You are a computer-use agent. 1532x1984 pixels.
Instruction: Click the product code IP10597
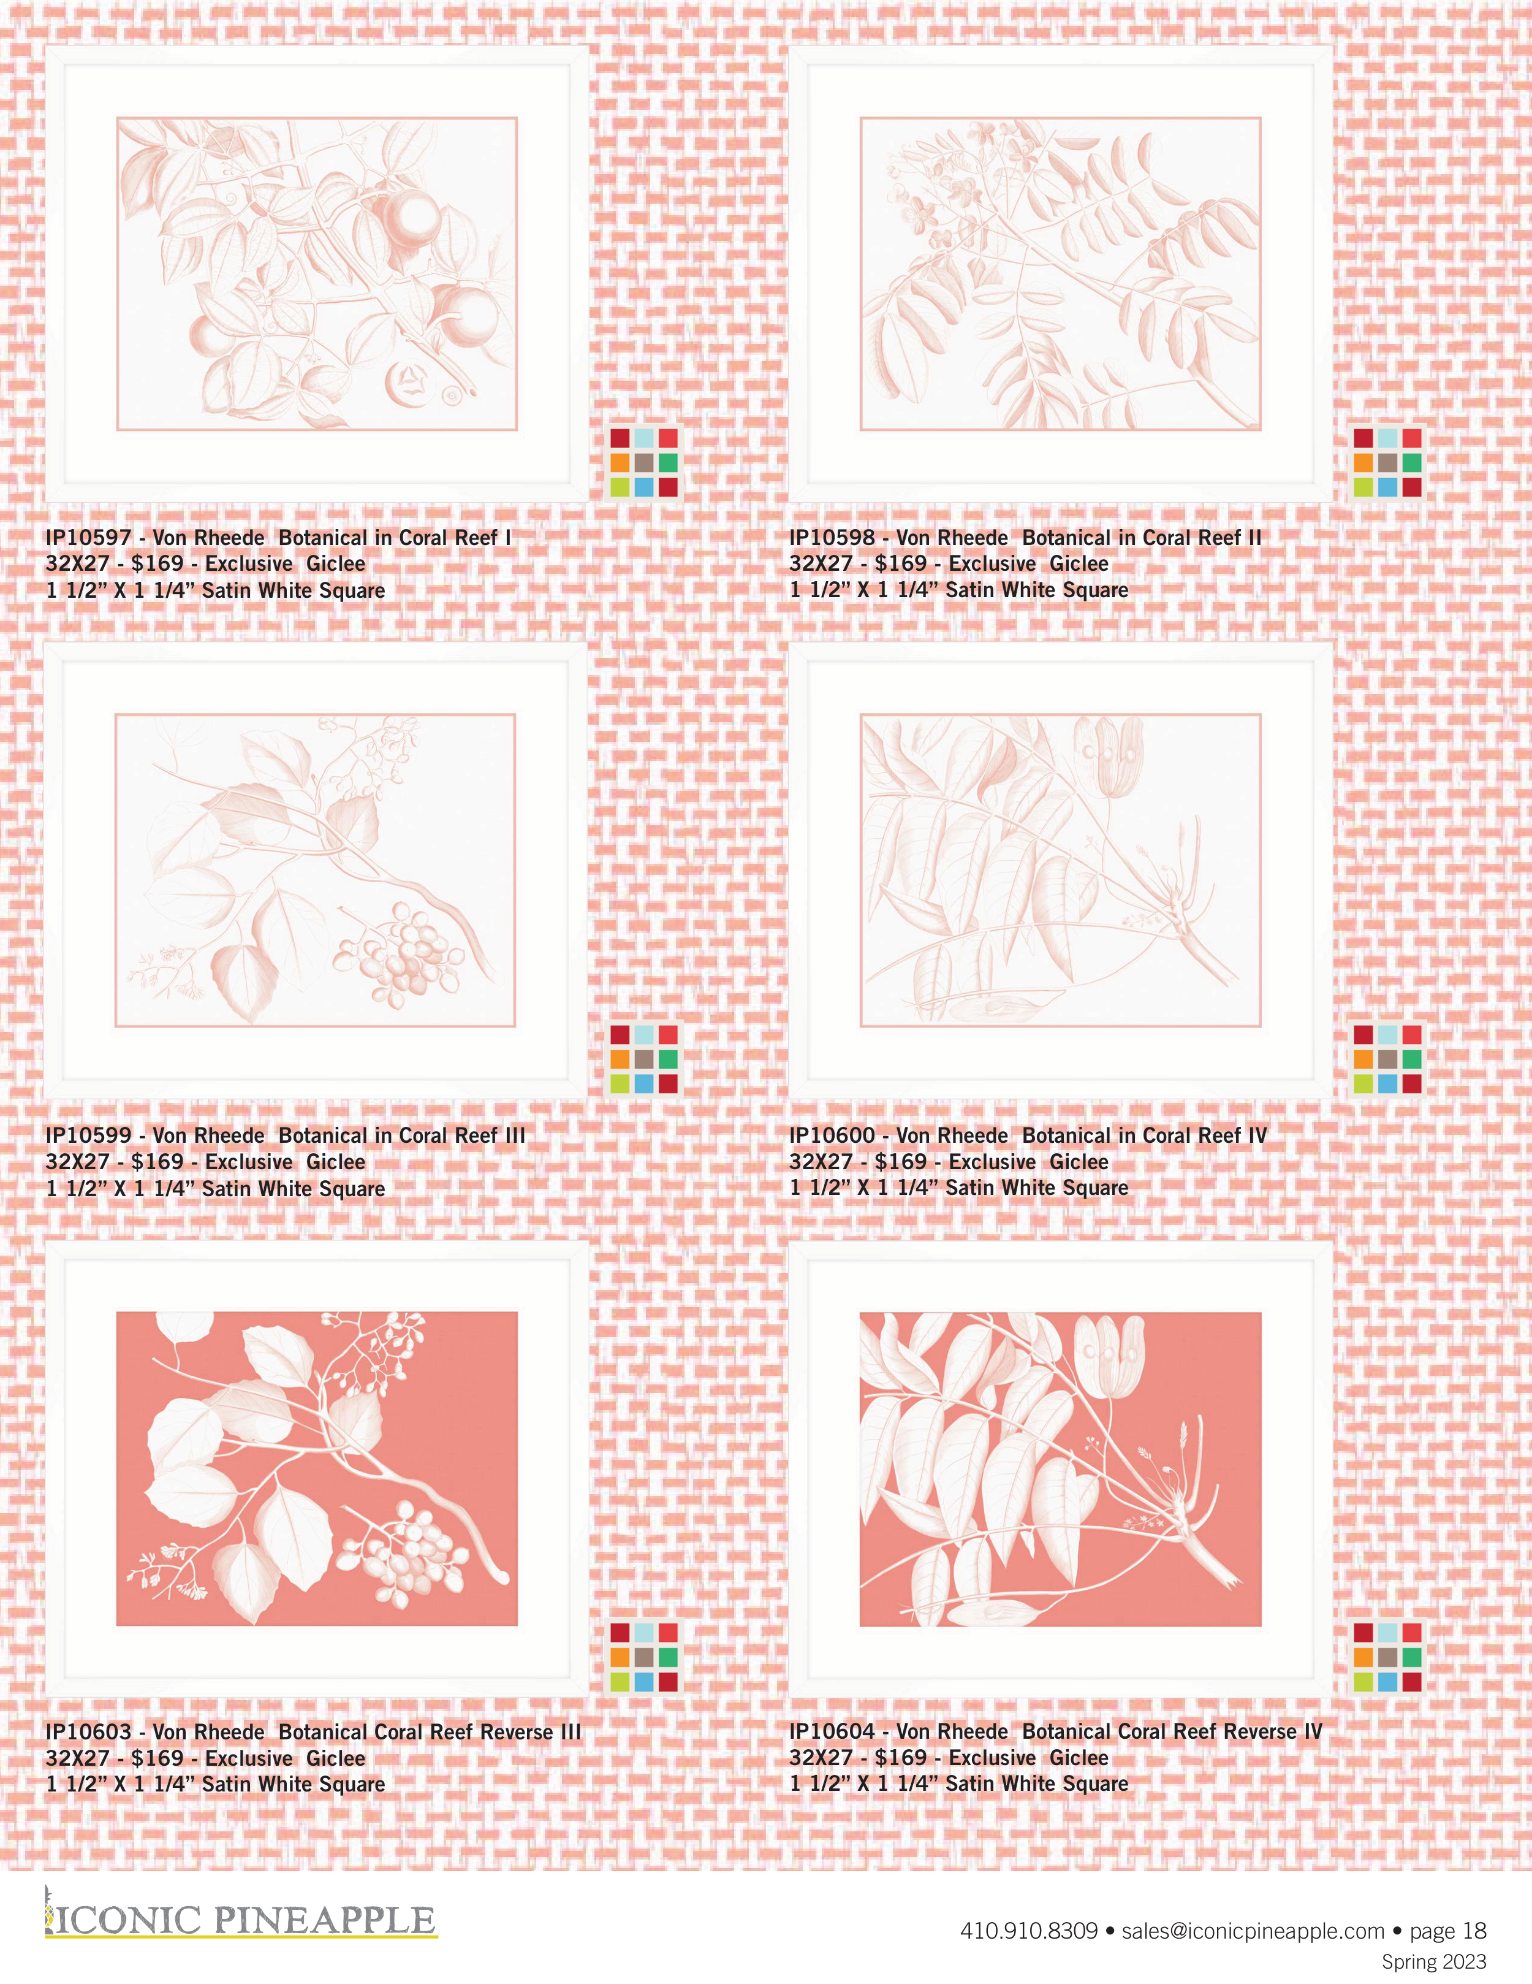pos(88,538)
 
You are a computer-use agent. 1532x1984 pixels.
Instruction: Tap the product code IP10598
pos(832,538)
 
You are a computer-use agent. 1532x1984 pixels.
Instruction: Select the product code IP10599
pos(88,1135)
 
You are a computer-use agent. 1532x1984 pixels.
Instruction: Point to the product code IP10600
pos(832,1135)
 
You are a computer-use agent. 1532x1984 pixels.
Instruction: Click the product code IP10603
pos(88,1733)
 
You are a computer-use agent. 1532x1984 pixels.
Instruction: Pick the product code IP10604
pos(832,1733)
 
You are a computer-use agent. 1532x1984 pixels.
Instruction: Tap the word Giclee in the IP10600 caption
pos(1079,1162)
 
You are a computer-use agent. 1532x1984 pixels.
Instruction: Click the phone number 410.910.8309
pos(1029,1931)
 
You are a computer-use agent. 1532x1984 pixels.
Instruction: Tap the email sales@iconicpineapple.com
pos(1253,1931)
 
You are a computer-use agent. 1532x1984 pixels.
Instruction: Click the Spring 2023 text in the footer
pos(1434,1962)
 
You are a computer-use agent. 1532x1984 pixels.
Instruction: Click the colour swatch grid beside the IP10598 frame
pos(1387,462)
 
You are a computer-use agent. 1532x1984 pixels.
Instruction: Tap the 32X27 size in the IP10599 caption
pos(77,1162)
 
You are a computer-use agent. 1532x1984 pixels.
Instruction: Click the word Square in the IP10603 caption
pos(352,1785)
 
